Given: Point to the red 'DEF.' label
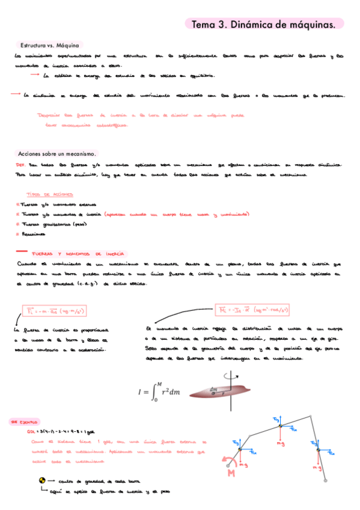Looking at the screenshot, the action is (19, 164).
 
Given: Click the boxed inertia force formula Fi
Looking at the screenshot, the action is (50, 311).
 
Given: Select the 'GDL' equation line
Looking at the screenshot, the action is (61, 432).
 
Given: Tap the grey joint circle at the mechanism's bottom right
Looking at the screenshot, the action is (326, 479).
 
